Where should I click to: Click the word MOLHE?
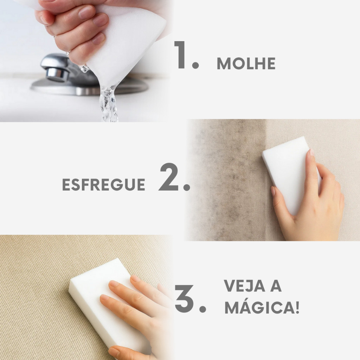pos(246,63)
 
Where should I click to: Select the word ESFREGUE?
pos(104,184)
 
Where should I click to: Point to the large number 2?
pos(168,177)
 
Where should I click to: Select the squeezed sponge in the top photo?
pos(124,41)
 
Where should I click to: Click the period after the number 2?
pos(187,187)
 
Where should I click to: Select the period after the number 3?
pos(202,309)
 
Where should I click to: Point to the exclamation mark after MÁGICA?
pos(297,307)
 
